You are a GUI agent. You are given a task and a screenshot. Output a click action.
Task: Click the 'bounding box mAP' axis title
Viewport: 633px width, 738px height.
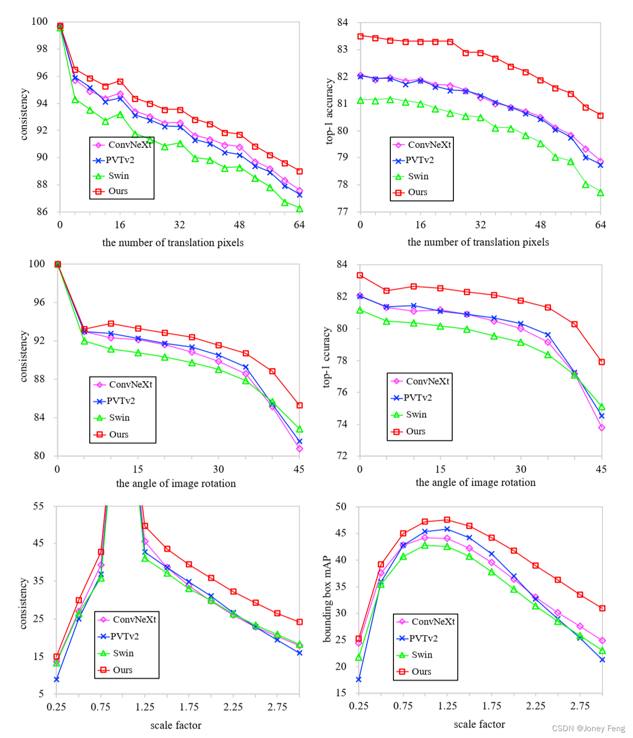(327, 599)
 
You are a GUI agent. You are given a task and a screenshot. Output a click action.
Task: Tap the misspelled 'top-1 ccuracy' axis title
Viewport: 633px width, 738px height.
(326, 357)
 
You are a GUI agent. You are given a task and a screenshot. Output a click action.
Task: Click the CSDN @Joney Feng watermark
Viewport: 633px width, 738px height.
(588, 728)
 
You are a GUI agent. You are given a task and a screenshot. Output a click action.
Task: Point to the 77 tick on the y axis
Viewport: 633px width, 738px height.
(343, 211)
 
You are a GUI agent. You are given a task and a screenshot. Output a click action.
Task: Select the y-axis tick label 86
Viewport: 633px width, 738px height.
(42, 212)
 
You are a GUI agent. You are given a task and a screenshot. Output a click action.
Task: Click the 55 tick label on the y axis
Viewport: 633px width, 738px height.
(38, 506)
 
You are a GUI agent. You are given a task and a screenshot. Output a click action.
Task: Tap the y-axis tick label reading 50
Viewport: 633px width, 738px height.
(341, 507)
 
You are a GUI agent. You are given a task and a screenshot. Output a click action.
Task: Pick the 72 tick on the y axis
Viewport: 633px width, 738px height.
(342, 456)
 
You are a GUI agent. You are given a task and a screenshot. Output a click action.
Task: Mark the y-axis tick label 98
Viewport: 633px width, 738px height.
(42, 49)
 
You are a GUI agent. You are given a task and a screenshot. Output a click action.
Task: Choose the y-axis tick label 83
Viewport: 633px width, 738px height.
(343, 49)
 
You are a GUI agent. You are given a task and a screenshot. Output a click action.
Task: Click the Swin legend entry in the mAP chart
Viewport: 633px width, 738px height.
(422, 654)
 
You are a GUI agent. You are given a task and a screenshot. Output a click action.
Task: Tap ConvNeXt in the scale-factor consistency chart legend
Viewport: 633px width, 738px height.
(134, 620)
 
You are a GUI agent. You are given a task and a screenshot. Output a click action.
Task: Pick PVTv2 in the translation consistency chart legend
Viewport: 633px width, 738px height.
(120, 160)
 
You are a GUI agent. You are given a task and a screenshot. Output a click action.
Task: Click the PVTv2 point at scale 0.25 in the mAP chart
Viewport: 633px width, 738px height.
(359, 680)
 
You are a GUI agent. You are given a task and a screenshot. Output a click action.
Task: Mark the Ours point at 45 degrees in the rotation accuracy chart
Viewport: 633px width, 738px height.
(601, 362)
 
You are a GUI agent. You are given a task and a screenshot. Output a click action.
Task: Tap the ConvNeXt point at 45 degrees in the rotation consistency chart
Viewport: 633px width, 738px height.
(299, 449)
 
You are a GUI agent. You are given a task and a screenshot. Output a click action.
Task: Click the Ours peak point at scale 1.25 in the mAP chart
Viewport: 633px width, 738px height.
(447, 520)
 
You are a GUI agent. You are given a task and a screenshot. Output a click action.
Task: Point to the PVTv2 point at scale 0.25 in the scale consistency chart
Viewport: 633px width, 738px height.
(56, 680)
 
